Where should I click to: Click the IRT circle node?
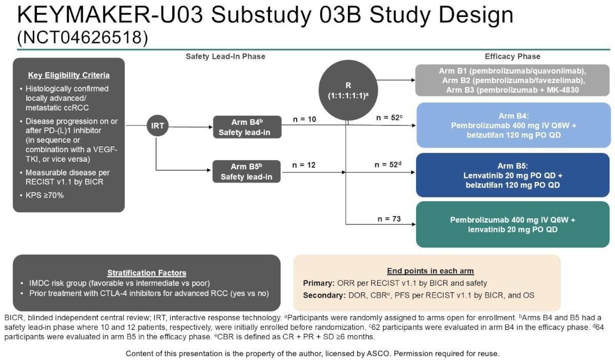point(158,126)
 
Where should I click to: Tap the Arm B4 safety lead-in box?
point(248,127)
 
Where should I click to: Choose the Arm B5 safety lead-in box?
point(248,172)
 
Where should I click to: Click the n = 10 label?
point(304,119)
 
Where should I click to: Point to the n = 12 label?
point(304,165)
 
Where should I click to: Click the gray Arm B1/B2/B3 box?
point(512,80)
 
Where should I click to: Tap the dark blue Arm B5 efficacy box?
point(512,175)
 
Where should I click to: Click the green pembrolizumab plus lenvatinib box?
point(512,224)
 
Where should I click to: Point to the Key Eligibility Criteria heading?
point(69,75)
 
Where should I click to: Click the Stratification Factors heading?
point(147,273)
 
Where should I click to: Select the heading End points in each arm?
point(430,271)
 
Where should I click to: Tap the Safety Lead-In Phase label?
point(225,56)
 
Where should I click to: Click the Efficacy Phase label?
point(512,56)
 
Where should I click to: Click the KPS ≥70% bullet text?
point(45,195)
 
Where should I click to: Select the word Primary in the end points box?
point(318,283)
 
